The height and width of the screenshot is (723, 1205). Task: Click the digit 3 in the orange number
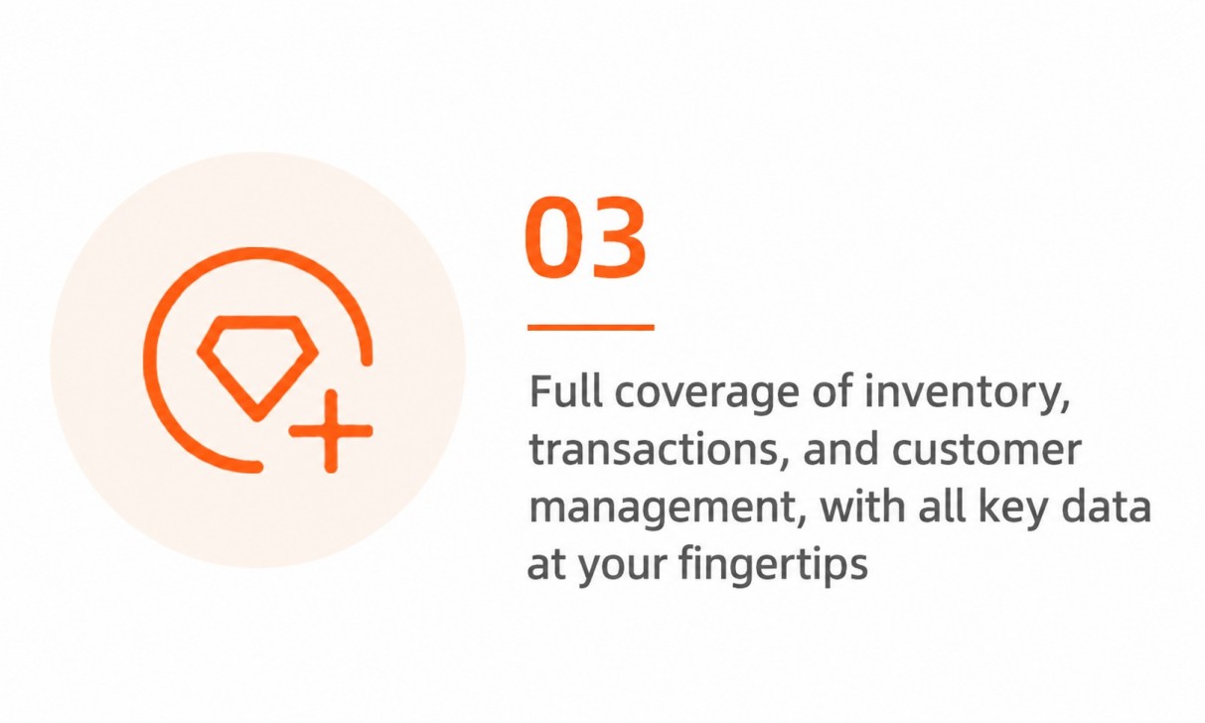click(x=617, y=237)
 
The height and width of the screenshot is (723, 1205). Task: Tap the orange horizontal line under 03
click(x=591, y=327)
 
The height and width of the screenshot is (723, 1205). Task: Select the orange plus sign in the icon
click(x=331, y=431)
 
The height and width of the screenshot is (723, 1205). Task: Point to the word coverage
click(x=707, y=396)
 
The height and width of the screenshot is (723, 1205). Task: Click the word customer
click(x=986, y=450)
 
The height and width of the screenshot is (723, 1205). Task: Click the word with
click(x=863, y=506)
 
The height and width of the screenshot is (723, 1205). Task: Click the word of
click(x=831, y=391)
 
